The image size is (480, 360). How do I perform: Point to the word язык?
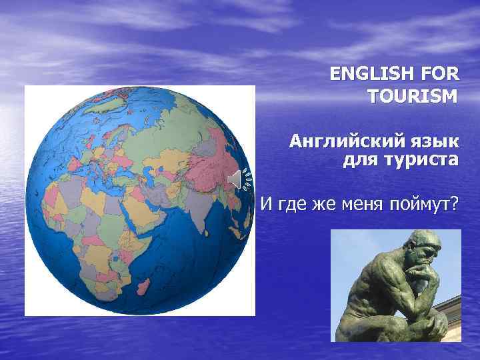tap(435, 141)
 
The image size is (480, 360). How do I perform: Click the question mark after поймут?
tap(455, 201)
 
